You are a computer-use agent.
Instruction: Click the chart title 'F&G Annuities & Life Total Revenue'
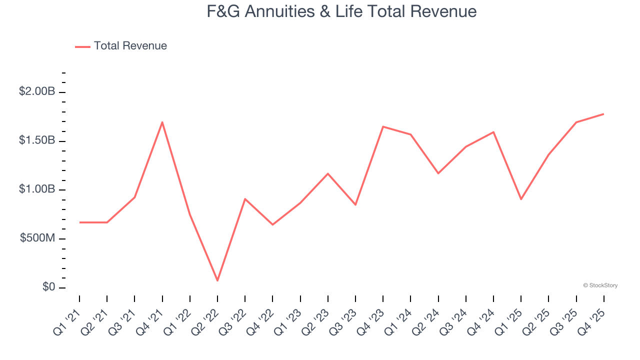341,11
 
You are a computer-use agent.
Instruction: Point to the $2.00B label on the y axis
37,92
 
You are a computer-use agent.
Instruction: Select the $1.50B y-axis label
37,140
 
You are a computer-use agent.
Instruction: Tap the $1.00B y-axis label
37,189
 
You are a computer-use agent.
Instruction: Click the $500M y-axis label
37,238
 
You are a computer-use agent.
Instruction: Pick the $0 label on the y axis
48,287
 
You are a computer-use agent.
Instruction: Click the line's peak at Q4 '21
162,122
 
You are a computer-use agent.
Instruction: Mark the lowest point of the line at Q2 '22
217,280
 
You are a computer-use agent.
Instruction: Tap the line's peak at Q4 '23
383,126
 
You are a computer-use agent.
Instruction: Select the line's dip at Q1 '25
521,199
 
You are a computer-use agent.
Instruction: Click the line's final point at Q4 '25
603,114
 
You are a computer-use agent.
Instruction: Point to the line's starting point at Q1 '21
79,222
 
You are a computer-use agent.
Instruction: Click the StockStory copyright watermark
600,285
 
